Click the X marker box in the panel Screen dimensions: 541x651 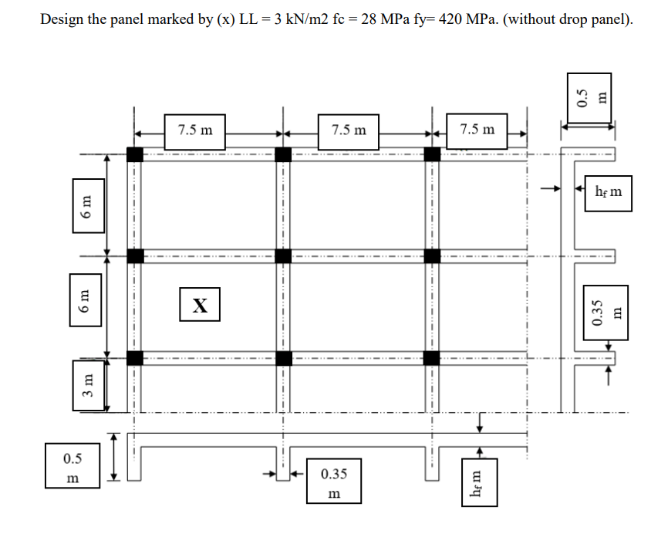199,303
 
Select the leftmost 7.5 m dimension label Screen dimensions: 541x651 195,129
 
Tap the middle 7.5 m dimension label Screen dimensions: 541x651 349,129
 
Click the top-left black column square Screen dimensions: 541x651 135,154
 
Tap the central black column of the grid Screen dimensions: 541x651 283,255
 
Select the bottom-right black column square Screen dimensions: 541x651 431,357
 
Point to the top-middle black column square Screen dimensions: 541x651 283,154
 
